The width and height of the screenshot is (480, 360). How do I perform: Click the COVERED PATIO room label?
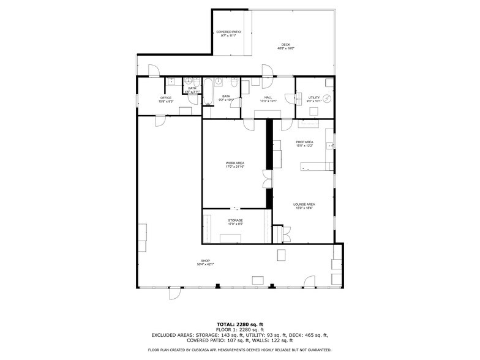(228, 32)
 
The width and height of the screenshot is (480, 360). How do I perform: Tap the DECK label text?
(285, 45)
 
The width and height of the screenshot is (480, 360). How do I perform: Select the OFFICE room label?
(166, 98)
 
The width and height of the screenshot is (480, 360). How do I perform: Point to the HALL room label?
(268, 97)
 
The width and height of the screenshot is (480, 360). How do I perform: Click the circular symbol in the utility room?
(327, 98)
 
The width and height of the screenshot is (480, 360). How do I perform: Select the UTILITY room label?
(313, 98)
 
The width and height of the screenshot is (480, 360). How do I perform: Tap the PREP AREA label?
(304, 142)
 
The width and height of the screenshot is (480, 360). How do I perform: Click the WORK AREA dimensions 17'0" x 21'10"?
(235, 167)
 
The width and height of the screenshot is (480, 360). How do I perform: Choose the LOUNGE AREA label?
(304, 204)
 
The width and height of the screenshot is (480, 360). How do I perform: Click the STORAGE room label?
(236, 220)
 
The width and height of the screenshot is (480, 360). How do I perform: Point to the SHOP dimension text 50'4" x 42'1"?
(205, 264)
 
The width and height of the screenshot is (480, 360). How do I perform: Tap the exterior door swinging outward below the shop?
(175, 294)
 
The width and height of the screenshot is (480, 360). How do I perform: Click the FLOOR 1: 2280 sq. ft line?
(240, 329)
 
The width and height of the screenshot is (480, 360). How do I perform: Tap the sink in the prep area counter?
(329, 146)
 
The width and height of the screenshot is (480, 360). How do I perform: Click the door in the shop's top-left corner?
(160, 121)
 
